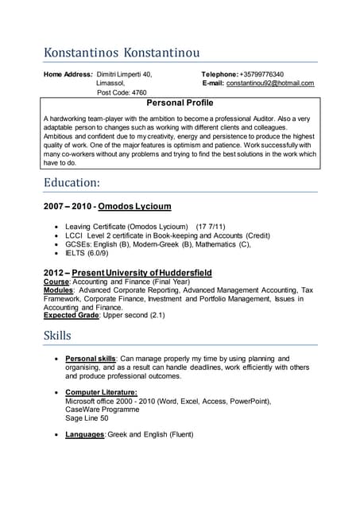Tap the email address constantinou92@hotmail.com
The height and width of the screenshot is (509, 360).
(x=270, y=83)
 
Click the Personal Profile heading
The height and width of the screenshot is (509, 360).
(x=180, y=103)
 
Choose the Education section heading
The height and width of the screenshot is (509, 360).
(x=72, y=182)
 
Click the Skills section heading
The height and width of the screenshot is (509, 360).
(x=58, y=335)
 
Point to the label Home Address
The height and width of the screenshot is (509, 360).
(x=68, y=74)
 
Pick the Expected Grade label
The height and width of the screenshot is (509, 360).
(x=72, y=315)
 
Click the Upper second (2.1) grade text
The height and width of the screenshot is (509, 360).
(x=134, y=315)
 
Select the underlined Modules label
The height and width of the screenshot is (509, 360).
(x=59, y=290)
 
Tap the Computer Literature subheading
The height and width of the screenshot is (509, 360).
(x=101, y=392)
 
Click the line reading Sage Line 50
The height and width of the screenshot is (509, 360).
(x=87, y=418)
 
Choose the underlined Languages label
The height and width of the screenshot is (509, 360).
(x=84, y=434)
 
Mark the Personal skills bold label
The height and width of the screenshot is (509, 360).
(x=91, y=359)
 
